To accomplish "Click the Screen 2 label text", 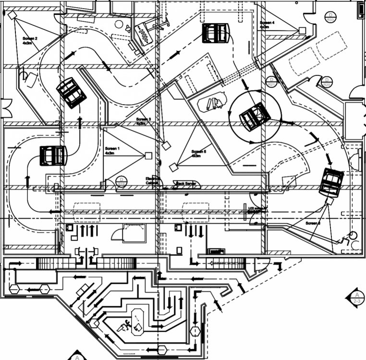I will [x=30, y=40].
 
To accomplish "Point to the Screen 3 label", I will [x=143, y=121].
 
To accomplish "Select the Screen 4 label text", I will [x=267, y=25].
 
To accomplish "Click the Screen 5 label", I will [x=198, y=154].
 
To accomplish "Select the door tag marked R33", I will [x=330, y=18].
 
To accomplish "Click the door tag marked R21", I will [x=272, y=81].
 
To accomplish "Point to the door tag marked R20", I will [x=327, y=82].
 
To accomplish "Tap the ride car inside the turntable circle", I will [x=255, y=117].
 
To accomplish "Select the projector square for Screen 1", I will [x=148, y=155].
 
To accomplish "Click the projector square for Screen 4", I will [x=302, y=30].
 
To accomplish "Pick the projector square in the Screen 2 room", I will [x=12, y=15].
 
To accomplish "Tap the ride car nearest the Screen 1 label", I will [x=53, y=155].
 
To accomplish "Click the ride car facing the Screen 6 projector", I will [x=332, y=182].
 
